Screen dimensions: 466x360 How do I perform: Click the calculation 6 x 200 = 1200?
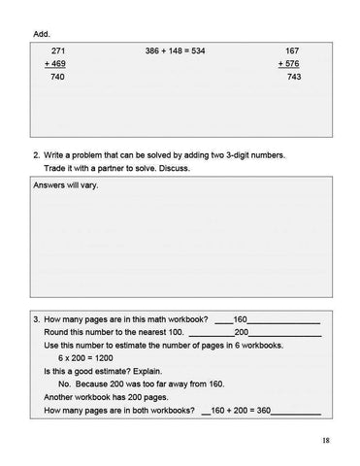(x=86, y=358)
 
